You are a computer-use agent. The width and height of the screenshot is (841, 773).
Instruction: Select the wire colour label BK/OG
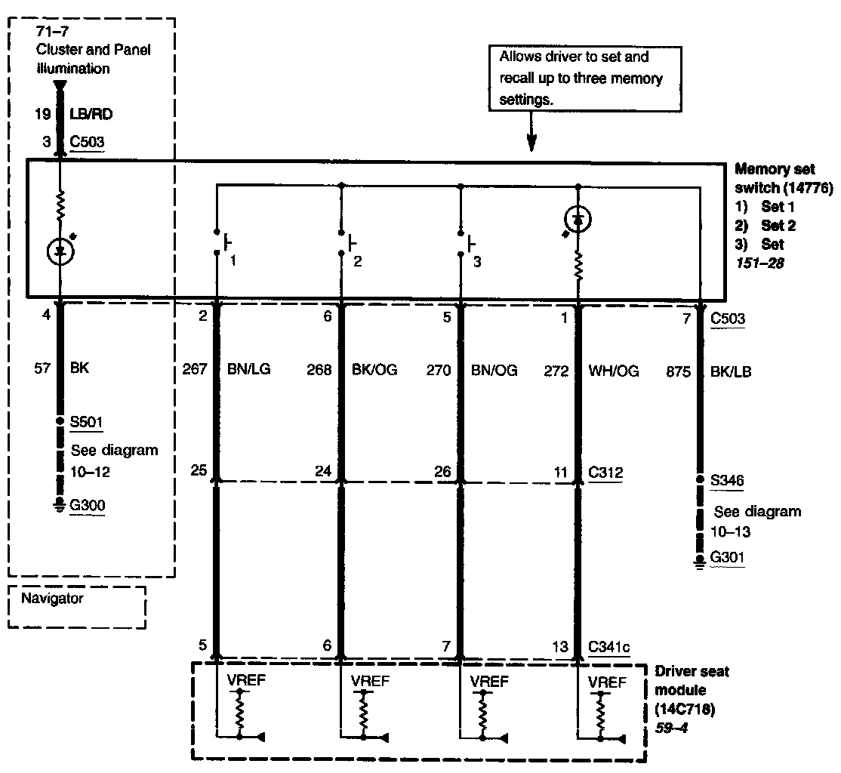[374, 370]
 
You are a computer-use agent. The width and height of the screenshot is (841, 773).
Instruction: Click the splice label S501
[86, 421]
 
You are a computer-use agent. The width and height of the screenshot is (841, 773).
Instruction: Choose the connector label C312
[607, 473]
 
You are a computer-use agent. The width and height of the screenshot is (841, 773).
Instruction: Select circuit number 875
[679, 370]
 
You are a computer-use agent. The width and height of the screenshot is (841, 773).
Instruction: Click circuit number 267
[195, 370]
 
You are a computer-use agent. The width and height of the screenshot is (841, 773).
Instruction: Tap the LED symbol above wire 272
[578, 220]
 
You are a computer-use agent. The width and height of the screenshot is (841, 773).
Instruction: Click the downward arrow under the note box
[532, 139]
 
